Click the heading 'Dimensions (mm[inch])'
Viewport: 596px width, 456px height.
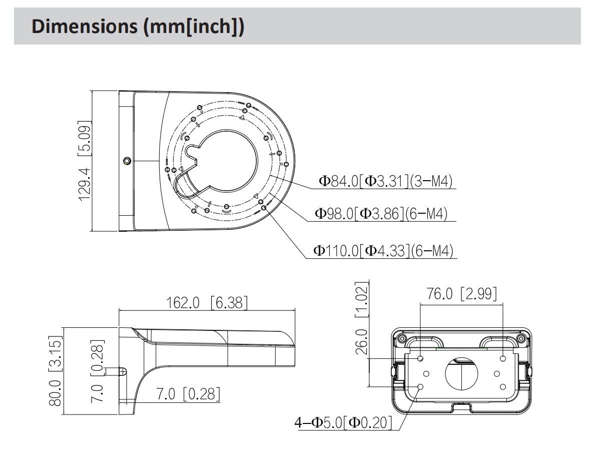pos(138,28)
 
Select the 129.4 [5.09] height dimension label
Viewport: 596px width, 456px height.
pos(84,161)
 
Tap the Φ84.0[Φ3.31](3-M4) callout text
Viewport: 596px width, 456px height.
pos(385,181)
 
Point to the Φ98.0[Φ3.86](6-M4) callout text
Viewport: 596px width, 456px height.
pos(381,214)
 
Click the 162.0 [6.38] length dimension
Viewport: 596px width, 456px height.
pos(206,302)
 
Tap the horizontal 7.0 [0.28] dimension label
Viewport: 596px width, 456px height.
pos(188,394)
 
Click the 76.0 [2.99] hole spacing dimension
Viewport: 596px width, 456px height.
pos(461,294)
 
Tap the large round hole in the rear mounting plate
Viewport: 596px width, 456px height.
pos(461,373)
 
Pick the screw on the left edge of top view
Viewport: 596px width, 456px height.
pos(127,161)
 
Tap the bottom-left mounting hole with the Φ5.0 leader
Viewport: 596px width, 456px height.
pos(420,387)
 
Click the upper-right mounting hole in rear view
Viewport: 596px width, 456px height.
pos(503,358)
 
